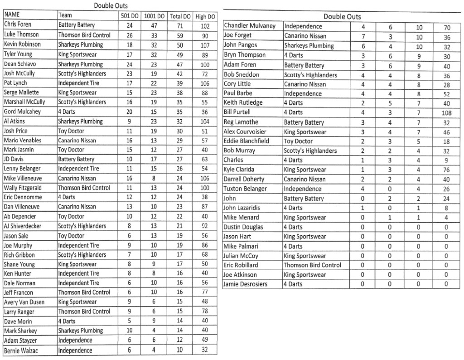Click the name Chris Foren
point(18,24)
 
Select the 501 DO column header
point(130,16)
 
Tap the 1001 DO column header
point(155,16)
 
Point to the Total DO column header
point(180,16)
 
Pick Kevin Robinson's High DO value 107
point(205,45)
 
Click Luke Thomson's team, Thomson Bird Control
point(84,35)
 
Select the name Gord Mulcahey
point(22,112)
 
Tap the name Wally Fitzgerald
point(23,188)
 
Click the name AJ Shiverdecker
point(23,226)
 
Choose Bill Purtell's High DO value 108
point(447,113)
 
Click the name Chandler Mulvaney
point(250,26)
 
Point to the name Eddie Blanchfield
point(246,141)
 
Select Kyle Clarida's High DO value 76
point(447,170)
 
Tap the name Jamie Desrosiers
point(245,284)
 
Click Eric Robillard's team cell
point(313,265)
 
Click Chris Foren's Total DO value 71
point(180,25)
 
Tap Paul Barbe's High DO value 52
point(447,94)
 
